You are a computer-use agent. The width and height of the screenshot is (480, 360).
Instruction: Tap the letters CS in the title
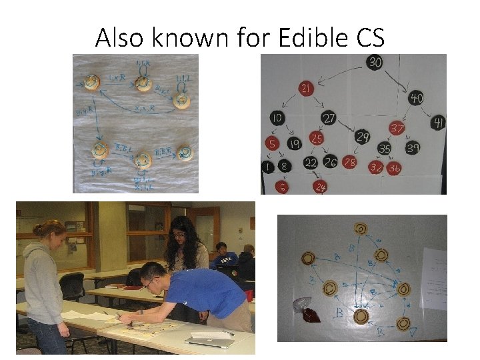coord(365,38)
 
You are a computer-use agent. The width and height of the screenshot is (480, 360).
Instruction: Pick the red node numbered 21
coord(307,89)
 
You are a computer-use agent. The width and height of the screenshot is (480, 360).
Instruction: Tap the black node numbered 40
coord(416,99)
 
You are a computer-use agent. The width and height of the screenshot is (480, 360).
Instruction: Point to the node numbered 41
coord(438,122)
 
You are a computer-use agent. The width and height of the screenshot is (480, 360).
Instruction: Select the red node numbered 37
coord(397,128)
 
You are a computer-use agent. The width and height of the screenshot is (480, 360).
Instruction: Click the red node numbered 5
coord(272,142)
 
